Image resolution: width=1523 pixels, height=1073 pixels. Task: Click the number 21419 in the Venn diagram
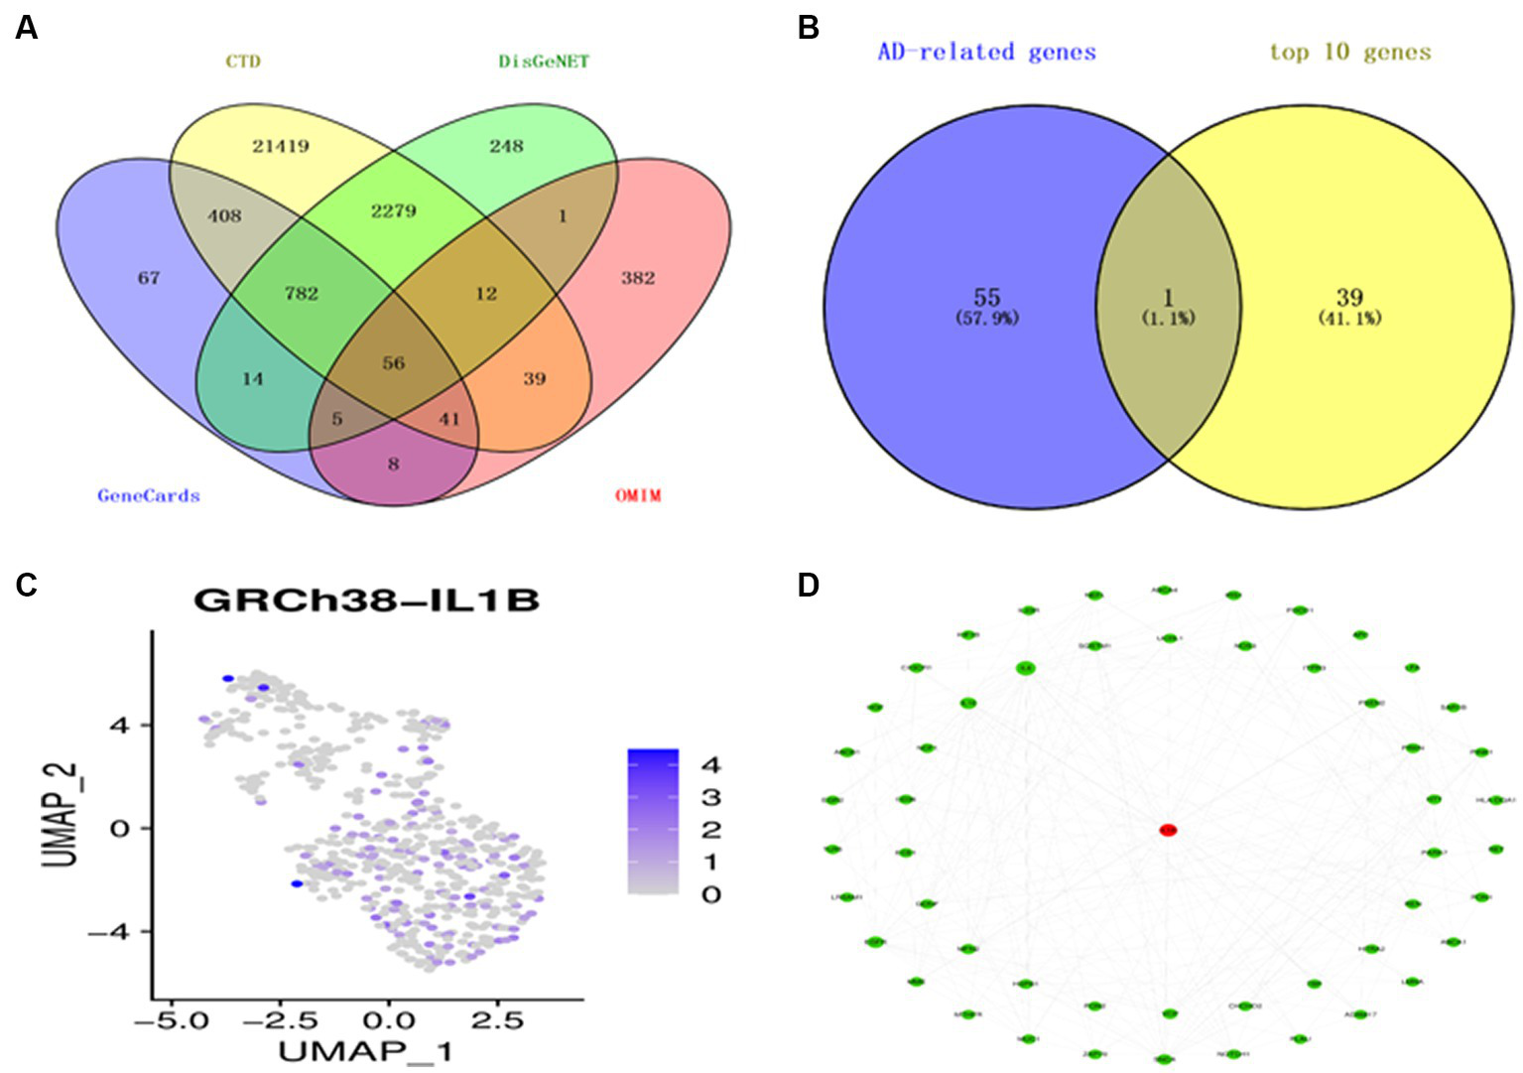(x=281, y=146)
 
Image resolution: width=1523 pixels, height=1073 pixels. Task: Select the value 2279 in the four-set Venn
(x=394, y=210)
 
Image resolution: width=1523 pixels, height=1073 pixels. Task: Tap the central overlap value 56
(x=394, y=362)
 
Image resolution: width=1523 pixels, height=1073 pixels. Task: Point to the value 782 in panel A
(x=302, y=293)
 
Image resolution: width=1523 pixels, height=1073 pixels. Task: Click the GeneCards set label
(x=149, y=495)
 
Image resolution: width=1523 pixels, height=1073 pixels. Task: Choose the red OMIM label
(x=638, y=495)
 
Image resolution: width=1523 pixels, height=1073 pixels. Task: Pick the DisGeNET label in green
(x=544, y=62)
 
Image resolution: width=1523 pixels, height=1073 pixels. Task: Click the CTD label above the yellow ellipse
(x=243, y=62)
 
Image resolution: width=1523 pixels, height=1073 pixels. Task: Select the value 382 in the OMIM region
(x=638, y=278)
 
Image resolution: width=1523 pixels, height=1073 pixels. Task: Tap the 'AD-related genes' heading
(x=986, y=52)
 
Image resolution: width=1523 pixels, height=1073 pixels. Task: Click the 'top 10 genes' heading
(x=1350, y=52)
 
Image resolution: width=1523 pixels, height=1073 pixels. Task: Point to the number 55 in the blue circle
(x=986, y=297)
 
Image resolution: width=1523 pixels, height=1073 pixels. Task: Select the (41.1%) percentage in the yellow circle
(x=1349, y=319)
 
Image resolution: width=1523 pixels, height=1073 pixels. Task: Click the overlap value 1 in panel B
(x=1168, y=297)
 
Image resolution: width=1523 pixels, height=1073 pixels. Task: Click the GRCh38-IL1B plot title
(x=366, y=600)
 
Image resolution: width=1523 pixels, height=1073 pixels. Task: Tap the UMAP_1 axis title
(x=366, y=1050)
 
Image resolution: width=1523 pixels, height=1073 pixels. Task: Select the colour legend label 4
(x=710, y=765)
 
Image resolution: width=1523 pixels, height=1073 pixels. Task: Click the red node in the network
(x=1168, y=830)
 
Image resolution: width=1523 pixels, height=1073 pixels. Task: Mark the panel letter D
(x=809, y=586)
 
